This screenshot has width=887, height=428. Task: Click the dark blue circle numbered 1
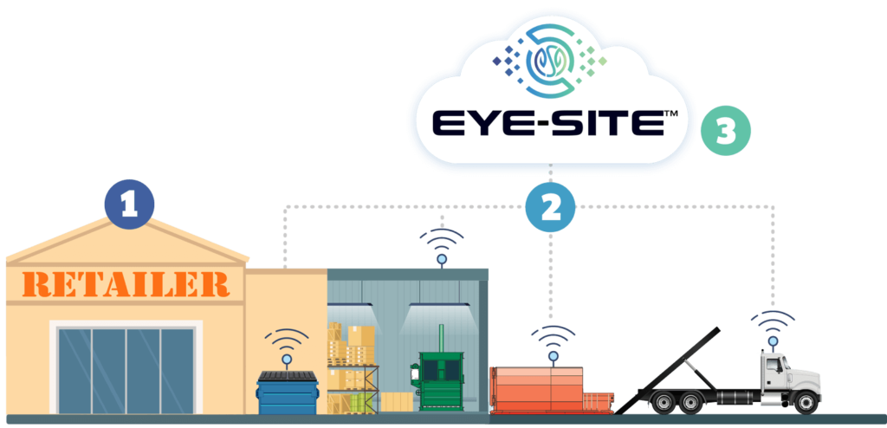[129, 204]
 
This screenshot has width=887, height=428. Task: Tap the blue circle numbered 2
[552, 205]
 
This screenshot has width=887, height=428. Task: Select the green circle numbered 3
[726, 133]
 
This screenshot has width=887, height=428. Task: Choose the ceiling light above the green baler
[439, 305]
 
